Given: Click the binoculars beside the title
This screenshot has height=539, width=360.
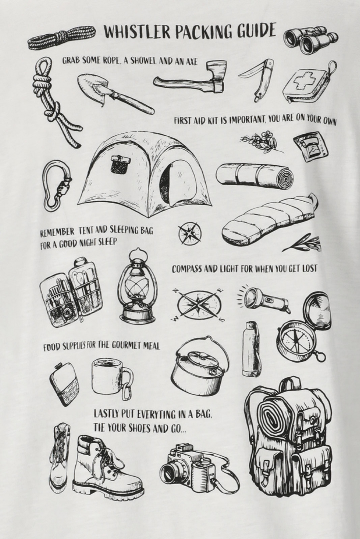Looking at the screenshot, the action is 310,38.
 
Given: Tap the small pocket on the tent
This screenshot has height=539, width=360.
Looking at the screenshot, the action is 120,164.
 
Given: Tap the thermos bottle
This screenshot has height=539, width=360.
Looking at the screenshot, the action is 250,349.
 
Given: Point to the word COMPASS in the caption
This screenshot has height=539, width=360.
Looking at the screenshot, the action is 187,269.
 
